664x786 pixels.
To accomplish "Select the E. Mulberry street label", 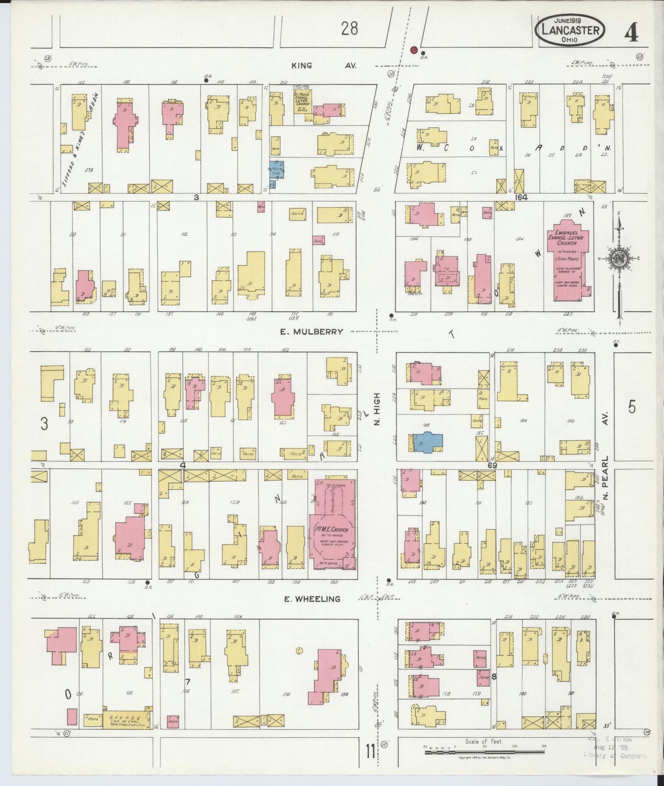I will click(x=312, y=331).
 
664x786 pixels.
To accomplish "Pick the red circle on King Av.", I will click(x=413, y=50).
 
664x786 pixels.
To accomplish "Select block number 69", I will click(x=493, y=465).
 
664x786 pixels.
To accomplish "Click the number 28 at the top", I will click(x=349, y=29).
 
